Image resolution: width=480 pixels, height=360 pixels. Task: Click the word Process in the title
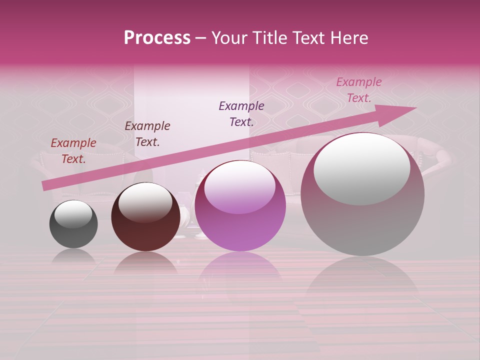pos(157,38)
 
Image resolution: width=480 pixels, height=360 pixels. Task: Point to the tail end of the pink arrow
pos(44,186)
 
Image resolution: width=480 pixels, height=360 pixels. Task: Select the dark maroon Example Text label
pos(147,134)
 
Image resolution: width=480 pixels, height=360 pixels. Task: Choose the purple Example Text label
pos(241,114)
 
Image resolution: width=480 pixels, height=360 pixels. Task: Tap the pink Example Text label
pos(358,90)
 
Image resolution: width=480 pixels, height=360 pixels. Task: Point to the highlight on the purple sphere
pos(239,187)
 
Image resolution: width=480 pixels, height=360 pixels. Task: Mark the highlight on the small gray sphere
pos(73,214)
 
